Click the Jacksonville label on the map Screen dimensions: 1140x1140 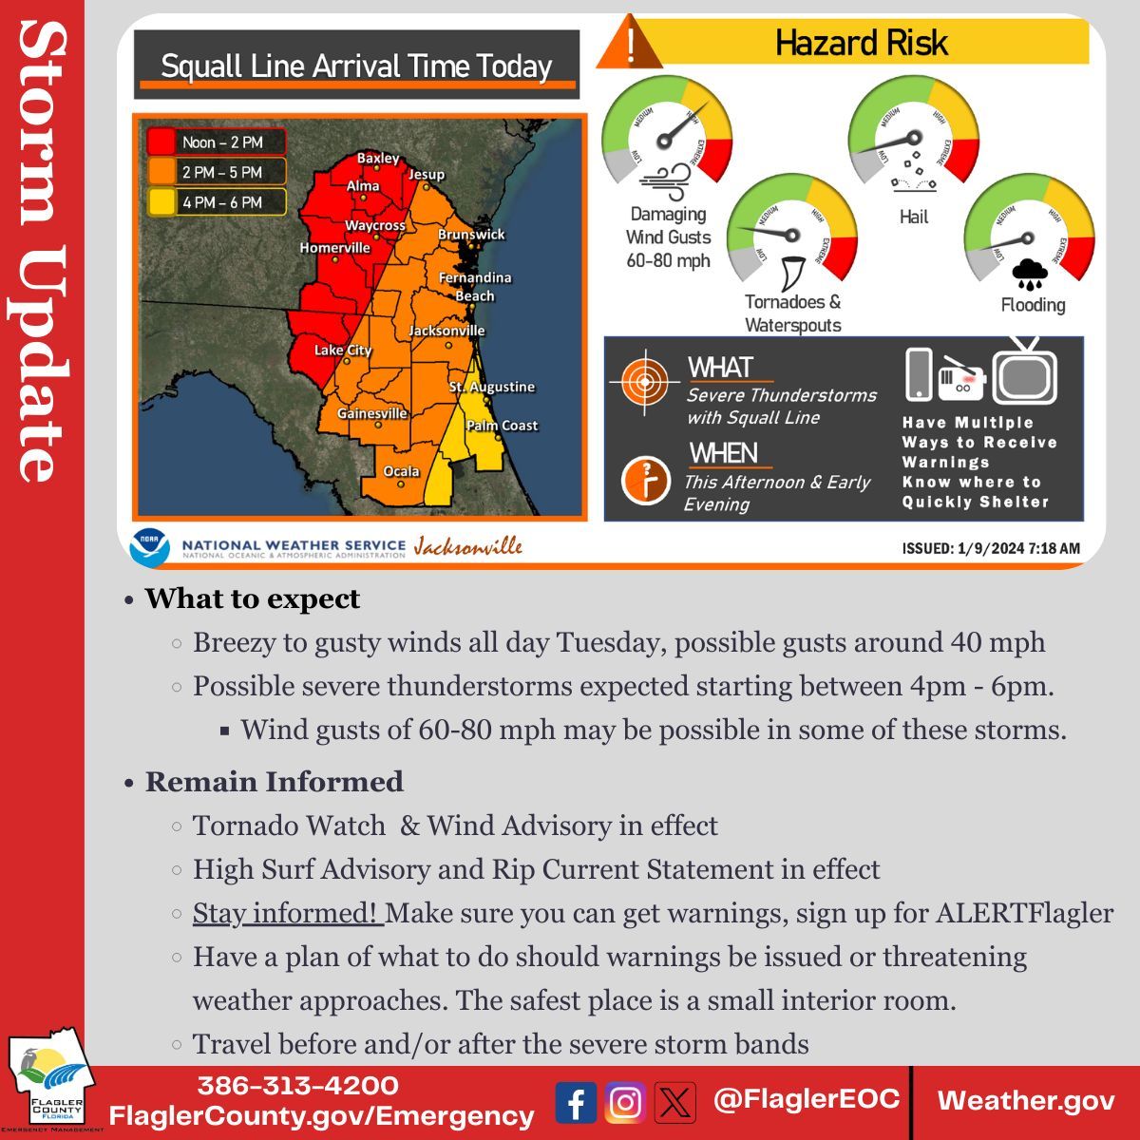(446, 331)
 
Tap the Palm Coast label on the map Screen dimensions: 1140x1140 (503, 426)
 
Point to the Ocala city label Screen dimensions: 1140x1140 (401, 471)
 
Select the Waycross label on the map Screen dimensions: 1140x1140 (374, 226)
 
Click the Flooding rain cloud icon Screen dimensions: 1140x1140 (1030, 275)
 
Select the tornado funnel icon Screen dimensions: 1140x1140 (791, 273)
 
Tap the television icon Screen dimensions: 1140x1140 (1024, 372)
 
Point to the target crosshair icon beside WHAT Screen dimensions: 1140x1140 (644, 382)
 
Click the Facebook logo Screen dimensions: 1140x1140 (576, 1103)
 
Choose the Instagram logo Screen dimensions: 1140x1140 (625, 1103)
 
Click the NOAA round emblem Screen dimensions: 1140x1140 (150, 546)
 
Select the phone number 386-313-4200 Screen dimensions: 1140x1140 (298, 1086)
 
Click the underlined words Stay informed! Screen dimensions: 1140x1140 (286, 913)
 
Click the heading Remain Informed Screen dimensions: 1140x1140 (274, 782)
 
